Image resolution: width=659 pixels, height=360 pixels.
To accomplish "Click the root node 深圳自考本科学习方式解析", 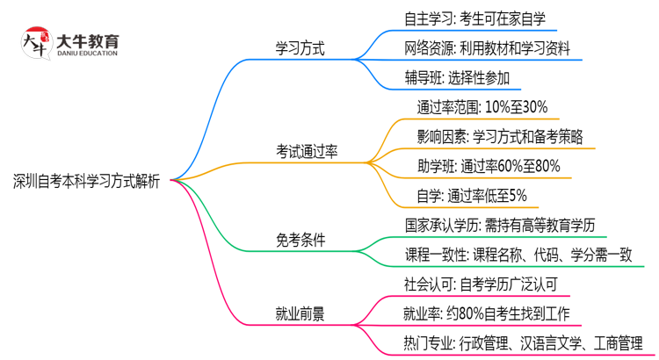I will click(86, 182).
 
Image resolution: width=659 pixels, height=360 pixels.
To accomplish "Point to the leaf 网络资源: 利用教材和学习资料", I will click(488, 49).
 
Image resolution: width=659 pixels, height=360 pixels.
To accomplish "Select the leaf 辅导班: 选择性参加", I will click(452, 79).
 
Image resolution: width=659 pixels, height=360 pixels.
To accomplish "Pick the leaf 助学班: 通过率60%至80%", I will click(489, 166).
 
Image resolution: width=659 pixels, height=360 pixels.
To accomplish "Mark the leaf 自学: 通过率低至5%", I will click(472, 195).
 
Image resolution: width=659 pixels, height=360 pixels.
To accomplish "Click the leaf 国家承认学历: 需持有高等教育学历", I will click(500, 225).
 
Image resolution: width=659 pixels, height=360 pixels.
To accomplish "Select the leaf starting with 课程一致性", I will click(518, 255).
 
